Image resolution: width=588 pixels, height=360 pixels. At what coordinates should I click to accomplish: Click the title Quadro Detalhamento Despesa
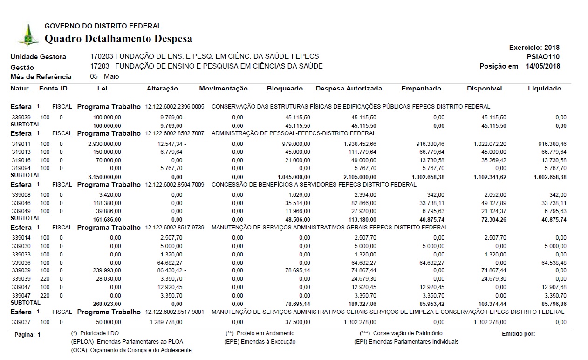click(118, 38)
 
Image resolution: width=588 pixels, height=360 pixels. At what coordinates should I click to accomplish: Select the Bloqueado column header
click(285, 89)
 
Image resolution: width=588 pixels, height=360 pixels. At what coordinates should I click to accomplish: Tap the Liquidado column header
click(544, 89)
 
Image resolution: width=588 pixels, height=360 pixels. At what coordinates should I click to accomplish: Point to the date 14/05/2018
click(543, 66)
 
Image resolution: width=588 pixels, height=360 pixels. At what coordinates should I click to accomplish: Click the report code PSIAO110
click(543, 57)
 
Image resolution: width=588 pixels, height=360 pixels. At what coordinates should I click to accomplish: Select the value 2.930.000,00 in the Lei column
click(104, 144)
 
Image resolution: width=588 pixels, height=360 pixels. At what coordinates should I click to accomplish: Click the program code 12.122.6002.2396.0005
click(175, 107)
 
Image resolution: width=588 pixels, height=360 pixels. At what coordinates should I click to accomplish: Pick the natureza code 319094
click(21, 168)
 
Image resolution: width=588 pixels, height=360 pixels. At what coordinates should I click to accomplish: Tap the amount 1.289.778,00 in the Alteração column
click(166, 322)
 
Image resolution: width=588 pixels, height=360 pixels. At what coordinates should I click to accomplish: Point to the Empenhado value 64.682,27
click(429, 263)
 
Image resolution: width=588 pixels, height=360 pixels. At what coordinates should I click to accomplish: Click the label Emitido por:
click(518, 333)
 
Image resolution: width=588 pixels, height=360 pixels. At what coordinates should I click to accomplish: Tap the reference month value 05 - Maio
click(105, 76)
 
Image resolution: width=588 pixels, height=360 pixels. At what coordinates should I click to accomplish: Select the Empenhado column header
click(421, 89)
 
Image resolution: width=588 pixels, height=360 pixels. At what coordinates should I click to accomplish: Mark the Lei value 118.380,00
click(107, 203)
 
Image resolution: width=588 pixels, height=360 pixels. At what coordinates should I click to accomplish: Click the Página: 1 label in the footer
click(27, 335)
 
